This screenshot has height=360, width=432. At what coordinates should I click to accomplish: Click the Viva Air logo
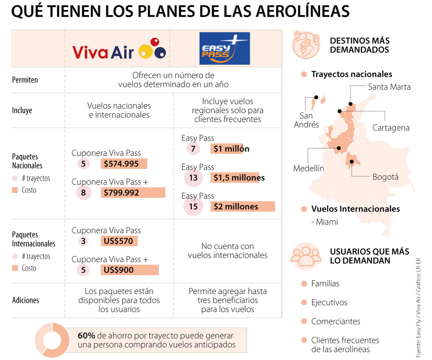[119, 50]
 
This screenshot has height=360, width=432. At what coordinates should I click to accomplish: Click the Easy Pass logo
[224, 48]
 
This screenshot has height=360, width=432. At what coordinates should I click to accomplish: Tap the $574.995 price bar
[124, 164]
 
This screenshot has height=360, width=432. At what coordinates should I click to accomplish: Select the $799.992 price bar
[133, 192]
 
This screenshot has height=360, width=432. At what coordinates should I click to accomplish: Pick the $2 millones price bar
[243, 206]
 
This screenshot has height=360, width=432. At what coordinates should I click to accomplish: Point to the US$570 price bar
[119, 241]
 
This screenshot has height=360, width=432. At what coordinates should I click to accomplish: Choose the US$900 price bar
[130, 270]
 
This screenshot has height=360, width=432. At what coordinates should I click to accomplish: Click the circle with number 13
[193, 178]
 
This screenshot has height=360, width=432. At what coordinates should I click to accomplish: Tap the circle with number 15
[193, 206]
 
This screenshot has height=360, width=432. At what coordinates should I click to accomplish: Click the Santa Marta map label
[389, 87]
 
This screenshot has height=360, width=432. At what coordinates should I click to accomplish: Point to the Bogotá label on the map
[385, 177]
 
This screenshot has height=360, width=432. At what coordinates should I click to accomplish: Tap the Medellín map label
[308, 168]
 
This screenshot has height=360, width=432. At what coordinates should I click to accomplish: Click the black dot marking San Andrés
[316, 97]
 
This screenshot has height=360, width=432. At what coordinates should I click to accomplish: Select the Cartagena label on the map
[391, 128]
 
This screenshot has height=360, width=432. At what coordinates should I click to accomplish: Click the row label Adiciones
[26, 300]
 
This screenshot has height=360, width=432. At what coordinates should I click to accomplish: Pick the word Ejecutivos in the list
[329, 302]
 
